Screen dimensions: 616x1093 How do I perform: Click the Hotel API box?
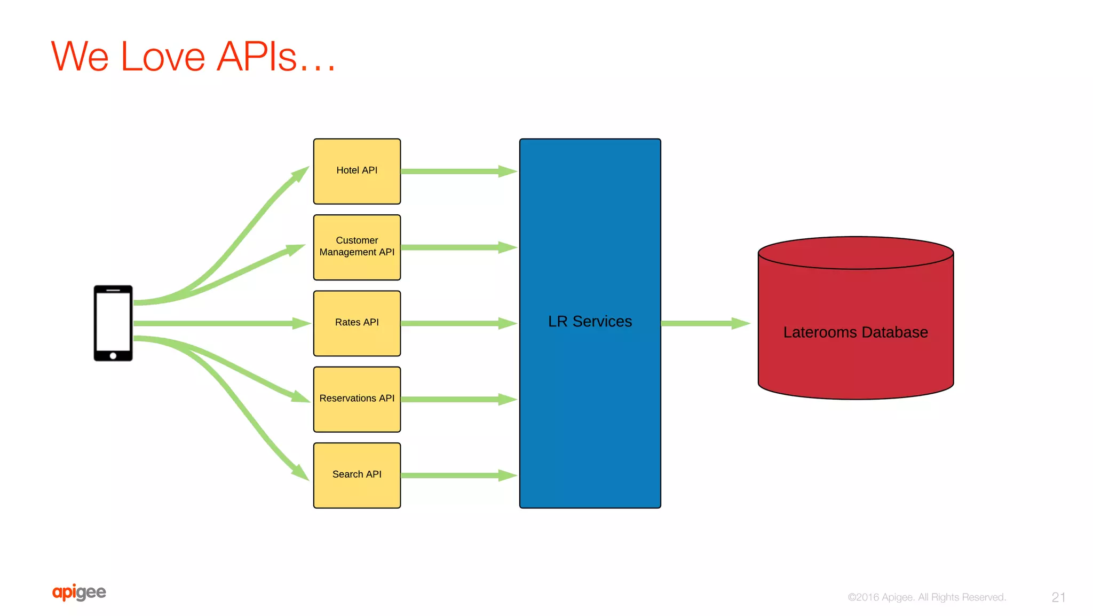tap(357, 171)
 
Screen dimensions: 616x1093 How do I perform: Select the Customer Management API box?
tap(357, 247)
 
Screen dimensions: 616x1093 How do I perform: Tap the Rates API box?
tap(357, 323)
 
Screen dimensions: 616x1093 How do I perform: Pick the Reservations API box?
tap(357, 399)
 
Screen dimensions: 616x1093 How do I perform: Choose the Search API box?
tap(357, 474)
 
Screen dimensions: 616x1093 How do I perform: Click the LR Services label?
tap(590, 322)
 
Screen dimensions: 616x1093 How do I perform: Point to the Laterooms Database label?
tap(855, 332)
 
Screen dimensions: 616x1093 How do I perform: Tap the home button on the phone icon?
tap(113, 356)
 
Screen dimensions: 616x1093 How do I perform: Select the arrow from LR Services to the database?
tap(704, 323)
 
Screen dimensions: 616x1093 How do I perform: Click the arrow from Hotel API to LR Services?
tap(458, 171)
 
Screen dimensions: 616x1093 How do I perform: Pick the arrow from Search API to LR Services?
tap(458, 475)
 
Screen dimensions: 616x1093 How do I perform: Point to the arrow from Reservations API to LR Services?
tap(458, 399)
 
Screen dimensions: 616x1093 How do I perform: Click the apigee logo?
tap(79, 592)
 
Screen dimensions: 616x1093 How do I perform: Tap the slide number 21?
tap(1058, 597)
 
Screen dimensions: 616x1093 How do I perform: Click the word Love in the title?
tap(163, 57)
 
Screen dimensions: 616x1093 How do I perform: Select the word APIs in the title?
tap(257, 57)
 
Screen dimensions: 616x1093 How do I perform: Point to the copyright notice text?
tap(926, 597)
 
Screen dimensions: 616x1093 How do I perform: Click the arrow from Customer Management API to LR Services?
tap(458, 247)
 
